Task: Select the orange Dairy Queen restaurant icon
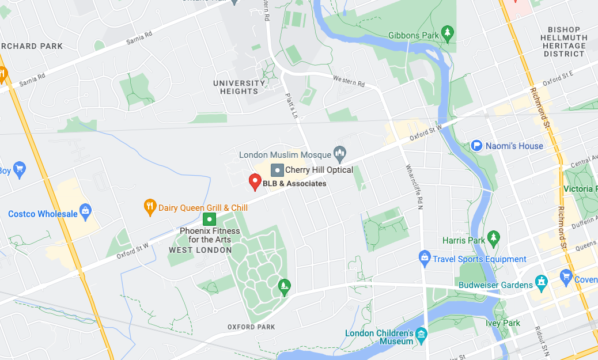[150, 206]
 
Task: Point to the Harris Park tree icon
[493, 237]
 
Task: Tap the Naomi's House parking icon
[476, 146]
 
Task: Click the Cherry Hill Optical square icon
[277, 170]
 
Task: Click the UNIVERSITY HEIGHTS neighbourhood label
[239, 87]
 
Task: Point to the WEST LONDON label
[200, 250]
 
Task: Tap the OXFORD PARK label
[251, 327]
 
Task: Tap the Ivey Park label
[504, 323]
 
